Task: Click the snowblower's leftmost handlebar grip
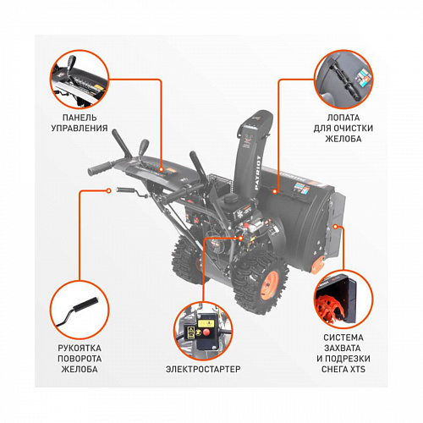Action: coord(95,171)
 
